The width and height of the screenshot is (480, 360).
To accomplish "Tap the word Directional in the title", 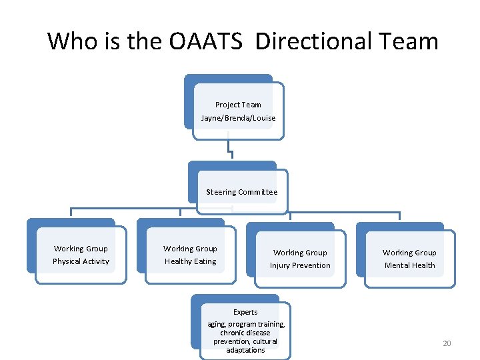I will click(x=311, y=41).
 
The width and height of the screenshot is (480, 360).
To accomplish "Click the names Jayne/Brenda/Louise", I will click(x=238, y=118).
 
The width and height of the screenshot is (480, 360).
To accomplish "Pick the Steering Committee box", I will click(x=241, y=192).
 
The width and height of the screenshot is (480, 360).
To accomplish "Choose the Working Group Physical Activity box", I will click(x=81, y=255).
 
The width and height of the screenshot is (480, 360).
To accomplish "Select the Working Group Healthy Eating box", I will click(x=190, y=255).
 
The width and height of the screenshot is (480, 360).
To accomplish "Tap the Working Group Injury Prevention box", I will click(x=300, y=259).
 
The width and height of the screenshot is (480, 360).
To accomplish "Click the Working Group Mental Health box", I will click(x=409, y=259).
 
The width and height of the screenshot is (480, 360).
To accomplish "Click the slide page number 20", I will click(x=447, y=343).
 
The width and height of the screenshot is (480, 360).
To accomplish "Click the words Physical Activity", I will click(x=81, y=261).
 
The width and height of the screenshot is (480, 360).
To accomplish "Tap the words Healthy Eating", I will click(x=190, y=261).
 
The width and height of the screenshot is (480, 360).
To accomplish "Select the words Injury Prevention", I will click(x=300, y=265).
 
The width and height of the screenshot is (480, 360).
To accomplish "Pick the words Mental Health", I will click(x=409, y=265).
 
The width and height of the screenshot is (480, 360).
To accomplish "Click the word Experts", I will click(x=245, y=312).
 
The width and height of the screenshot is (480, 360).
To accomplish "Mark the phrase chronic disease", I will click(x=245, y=333).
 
